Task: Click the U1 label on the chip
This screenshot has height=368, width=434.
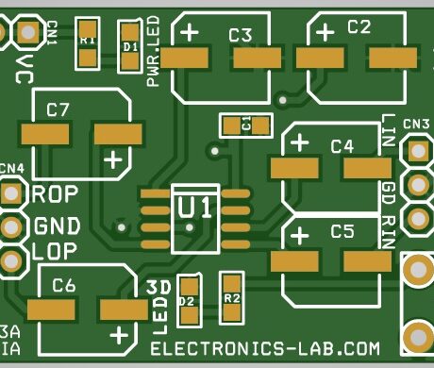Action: (196, 206)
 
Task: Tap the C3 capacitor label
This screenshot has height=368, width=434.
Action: (241, 36)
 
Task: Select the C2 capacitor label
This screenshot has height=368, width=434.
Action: (359, 27)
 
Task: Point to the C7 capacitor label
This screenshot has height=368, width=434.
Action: (58, 109)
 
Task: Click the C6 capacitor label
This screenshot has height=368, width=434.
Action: (64, 284)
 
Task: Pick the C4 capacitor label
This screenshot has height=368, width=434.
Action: (342, 146)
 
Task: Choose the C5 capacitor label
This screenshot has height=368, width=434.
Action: (342, 231)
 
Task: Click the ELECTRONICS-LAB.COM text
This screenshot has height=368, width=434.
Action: (265, 349)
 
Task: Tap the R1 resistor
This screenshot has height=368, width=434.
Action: (88, 42)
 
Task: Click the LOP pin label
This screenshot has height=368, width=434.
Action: (53, 252)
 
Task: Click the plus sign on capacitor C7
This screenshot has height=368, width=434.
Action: (112, 159)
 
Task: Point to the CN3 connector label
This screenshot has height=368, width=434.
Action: (416, 124)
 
